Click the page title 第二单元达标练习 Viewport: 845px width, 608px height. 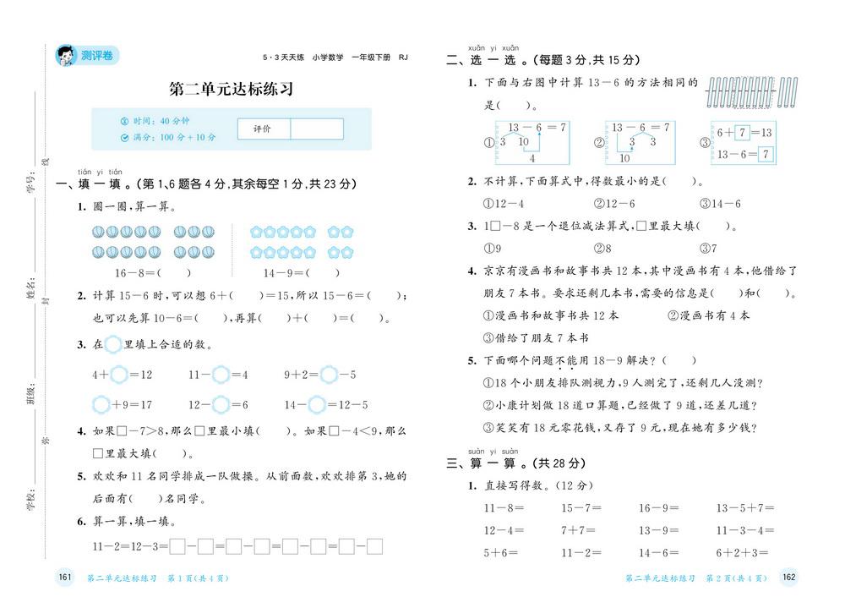(x=231, y=90)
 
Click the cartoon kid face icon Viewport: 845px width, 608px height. (x=65, y=56)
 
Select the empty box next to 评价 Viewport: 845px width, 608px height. (x=317, y=129)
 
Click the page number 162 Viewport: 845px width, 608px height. (x=788, y=578)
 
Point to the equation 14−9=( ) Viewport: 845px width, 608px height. (x=302, y=272)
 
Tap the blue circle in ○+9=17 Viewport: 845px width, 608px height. (x=102, y=404)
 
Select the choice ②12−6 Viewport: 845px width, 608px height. (x=613, y=204)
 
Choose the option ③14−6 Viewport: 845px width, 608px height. (x=720, y=204)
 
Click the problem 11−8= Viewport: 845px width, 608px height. (x=504, y=508)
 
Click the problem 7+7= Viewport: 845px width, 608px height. (x=581, y=531)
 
